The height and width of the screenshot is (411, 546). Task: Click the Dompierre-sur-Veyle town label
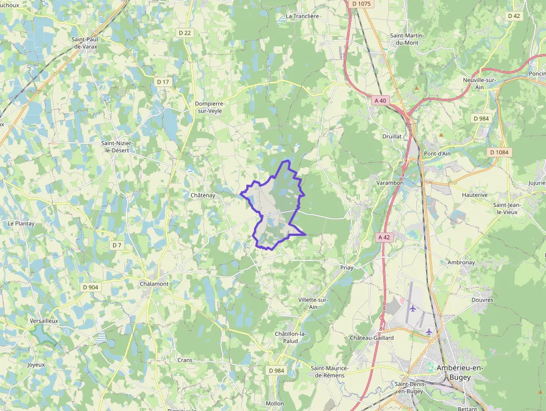point(209,108)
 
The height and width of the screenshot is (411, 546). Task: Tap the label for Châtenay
point(203,195)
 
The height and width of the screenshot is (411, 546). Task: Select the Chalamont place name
point(154,284)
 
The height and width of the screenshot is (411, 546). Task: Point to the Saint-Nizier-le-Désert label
point(117,147)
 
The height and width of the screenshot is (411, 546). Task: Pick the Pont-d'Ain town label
point(437,153)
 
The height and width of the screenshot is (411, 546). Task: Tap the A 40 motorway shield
point(381,100)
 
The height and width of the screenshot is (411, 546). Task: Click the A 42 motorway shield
point(384,237)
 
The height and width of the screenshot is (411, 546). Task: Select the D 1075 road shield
point(362,4)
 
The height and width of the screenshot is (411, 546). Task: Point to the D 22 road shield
point(185,33)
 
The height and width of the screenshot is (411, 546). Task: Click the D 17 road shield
point(163,82)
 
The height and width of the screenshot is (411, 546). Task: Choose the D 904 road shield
point(90,287)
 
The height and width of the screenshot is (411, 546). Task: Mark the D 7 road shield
point(116,245)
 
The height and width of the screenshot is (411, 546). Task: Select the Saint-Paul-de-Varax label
point(85,43)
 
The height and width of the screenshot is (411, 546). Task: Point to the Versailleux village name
point(44,321)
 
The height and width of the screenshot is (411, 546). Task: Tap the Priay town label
point(347,268)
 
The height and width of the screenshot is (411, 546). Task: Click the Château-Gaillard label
point(372,338)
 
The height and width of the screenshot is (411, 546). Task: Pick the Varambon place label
point(389,182)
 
